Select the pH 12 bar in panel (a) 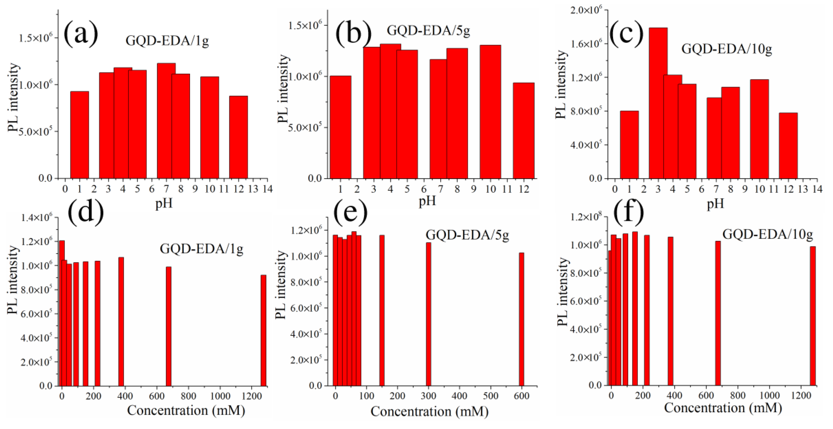coord(238,137)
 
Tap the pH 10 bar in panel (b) coord(490,112)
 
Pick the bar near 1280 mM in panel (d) coord(264,330)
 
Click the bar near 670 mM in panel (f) coord(718,313)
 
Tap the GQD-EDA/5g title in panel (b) coord(428,30)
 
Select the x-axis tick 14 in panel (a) coord(268,189)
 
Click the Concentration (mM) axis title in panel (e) coord(429,412)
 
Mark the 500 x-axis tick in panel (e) coord(490,396)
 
